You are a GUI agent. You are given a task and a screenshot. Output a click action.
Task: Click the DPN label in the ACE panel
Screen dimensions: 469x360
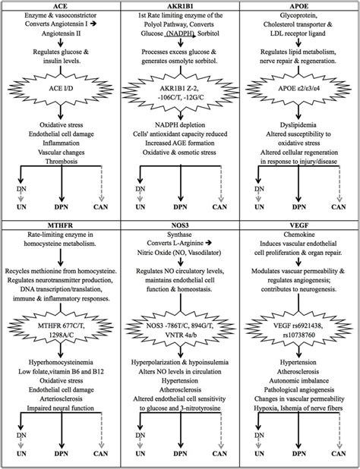pyautogui.click(x=62, y=206)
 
